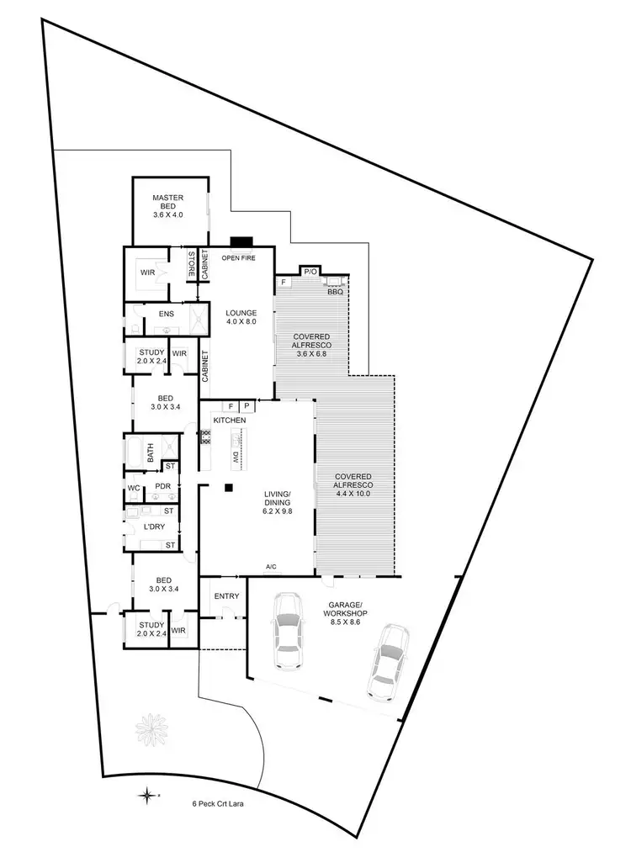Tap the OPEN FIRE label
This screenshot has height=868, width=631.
coord(238,257)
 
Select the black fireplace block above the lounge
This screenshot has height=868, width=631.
coord(241,241)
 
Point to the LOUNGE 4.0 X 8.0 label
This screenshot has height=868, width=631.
coord(240,316)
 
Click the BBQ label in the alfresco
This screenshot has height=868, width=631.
coord(334,291)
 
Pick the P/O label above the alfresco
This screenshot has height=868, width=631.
coord(310,272)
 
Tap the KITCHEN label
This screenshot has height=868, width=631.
coord(229,420)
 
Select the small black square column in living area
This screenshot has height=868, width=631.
coord(227,487)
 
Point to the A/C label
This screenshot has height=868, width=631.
coord(272,568)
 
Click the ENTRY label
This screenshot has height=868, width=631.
coord(227,596)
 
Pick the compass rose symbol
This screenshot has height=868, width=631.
coord(147,793)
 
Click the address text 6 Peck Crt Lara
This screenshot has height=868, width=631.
coord(217,803)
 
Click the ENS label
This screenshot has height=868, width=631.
coord(166,315)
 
